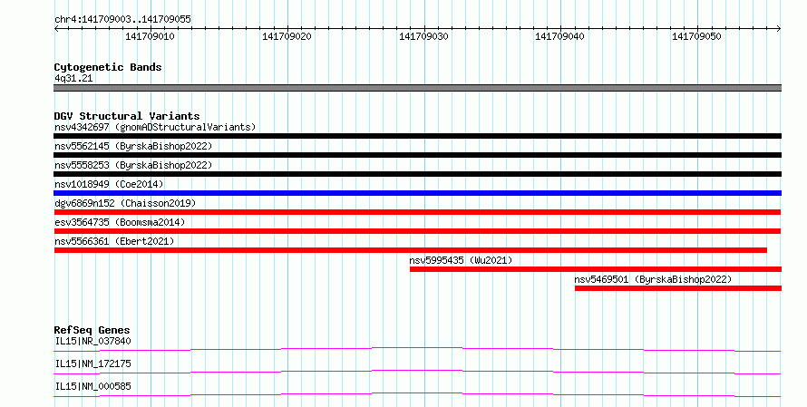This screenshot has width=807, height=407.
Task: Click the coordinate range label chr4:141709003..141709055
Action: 122,19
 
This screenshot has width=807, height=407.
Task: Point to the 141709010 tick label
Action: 150,36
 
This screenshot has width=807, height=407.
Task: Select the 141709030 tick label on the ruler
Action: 423,36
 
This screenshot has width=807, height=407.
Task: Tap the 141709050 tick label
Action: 697,36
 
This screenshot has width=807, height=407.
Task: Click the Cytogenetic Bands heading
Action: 108,67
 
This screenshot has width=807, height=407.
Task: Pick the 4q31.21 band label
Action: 73,78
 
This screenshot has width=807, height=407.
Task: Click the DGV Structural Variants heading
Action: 127,116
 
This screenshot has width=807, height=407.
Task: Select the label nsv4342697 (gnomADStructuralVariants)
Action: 155,127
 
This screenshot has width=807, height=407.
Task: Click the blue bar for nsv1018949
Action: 417,193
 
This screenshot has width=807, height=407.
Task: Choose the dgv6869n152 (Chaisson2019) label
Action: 125,203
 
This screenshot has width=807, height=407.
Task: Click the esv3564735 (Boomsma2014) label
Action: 120,222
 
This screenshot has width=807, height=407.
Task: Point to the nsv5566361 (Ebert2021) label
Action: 114,241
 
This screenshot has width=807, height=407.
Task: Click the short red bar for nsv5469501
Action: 678,288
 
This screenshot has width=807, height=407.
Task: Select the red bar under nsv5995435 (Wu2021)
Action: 596,269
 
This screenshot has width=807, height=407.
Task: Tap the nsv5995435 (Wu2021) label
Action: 462,260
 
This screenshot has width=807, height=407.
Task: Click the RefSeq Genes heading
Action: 92,330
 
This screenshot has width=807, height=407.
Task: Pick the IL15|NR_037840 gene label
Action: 92,341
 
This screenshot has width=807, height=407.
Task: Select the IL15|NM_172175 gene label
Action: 92,363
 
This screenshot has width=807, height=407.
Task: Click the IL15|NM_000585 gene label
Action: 92,386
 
